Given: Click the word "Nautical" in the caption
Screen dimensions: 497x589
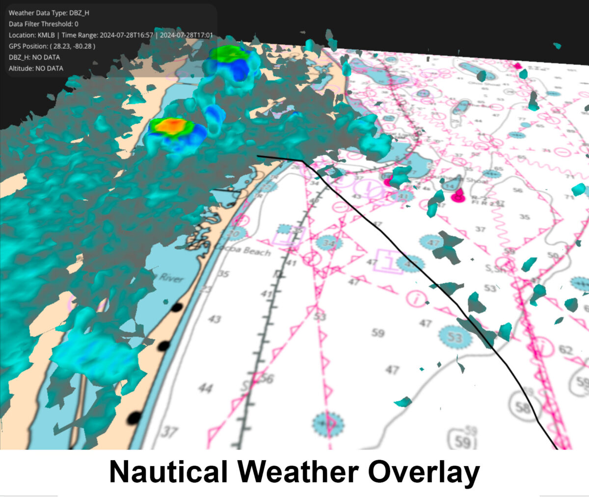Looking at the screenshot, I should point(168,472).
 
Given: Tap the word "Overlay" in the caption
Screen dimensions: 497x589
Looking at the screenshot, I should point(424,472).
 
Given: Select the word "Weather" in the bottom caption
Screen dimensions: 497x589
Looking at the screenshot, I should point(299,472).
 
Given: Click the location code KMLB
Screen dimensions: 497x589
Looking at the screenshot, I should point(46,35).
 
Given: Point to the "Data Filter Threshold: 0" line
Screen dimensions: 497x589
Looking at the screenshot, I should point(43,24).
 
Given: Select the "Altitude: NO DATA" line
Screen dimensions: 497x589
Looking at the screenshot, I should point(36,68).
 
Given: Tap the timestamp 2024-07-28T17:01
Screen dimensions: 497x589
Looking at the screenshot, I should point(187,35).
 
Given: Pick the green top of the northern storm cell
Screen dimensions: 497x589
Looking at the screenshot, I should point(229,53).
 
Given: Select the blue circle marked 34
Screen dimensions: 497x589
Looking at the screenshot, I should point(329,242).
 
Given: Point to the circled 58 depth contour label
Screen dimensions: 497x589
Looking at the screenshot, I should point(523,407).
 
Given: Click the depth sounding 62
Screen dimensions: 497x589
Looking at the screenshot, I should point(566,350).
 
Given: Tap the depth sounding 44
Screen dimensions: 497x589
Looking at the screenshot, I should point(206,389).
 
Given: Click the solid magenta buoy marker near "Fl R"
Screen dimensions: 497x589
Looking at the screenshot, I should point(458,197).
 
